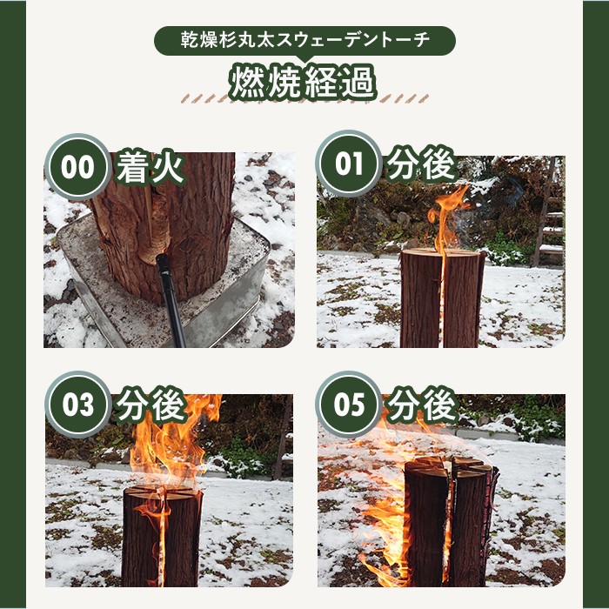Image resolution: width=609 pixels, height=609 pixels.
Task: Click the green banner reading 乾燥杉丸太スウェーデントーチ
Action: [304, 41]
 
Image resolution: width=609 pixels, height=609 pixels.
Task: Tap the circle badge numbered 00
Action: [78, 167]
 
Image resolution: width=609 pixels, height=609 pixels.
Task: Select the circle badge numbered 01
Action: [349, 164]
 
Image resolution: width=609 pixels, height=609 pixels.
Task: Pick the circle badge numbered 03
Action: [78, 405]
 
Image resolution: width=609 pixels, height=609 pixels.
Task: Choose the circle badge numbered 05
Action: [349, 405]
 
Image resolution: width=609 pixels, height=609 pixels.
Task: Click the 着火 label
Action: [150, 167]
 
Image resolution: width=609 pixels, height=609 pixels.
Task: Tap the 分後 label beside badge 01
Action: [421, 164]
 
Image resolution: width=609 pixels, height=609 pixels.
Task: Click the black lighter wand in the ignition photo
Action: [171, 299]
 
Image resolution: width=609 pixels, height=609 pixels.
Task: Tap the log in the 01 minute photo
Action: [442, 298]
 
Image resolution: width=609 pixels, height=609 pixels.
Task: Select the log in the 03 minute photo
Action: [162, 536]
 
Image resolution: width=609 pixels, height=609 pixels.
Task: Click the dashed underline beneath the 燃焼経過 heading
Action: [304, 98]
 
